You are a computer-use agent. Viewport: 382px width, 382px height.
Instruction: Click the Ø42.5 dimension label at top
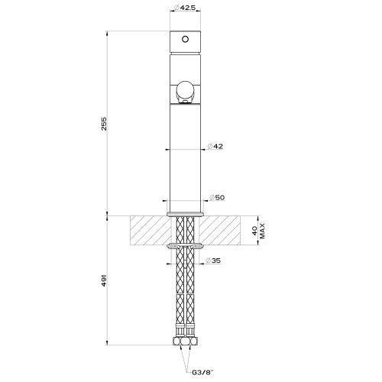coord(185,8)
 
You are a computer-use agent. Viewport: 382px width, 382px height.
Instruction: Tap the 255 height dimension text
coord(104,124)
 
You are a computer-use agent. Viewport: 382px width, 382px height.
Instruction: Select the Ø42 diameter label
coord(215,146)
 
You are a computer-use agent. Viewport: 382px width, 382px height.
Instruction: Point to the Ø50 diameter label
coord(217,197)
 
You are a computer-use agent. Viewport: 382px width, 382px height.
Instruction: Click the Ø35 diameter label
coord(213,261)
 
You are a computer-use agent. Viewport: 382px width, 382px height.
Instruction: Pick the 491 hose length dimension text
coord(104,280)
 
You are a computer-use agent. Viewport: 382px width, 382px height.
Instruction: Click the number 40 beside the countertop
coord(254,231)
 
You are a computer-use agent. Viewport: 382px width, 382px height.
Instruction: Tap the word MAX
coord(263,231)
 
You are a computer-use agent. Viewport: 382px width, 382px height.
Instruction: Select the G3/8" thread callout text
coord(202,373)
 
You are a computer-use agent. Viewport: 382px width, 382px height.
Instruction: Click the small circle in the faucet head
coord(185,40)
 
